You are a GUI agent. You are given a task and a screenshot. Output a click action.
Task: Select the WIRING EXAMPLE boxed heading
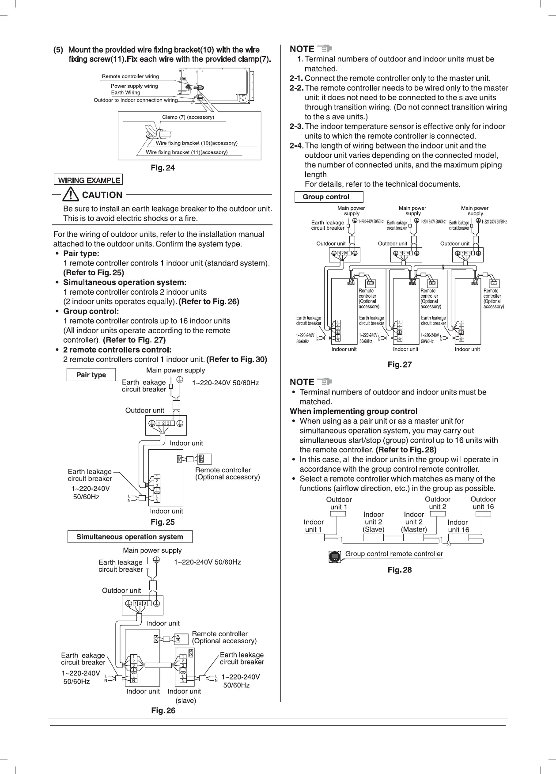coord(88,180)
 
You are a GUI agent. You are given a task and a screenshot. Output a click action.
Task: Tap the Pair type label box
coord(91,375)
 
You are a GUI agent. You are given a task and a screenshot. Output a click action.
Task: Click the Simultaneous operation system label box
coord(130,537)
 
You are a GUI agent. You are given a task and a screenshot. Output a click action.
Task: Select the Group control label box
coord(329,197)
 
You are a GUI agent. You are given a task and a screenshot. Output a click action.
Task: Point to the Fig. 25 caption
coord(163,522)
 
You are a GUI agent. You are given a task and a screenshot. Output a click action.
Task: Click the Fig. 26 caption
coord(163,711)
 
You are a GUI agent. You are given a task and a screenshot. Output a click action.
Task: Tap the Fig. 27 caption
coord(399,365)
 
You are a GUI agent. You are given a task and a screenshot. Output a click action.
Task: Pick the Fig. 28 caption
coord(399,570)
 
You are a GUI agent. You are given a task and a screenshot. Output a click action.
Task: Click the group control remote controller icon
coord(335,557)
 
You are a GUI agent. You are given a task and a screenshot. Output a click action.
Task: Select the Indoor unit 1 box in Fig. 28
coord(314,538)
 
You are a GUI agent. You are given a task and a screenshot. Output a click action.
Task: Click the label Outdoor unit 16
coord(483,503)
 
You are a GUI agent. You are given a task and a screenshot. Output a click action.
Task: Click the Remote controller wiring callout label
coord(130,76)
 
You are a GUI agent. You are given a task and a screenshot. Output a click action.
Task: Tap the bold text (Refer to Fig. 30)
coord(237,359)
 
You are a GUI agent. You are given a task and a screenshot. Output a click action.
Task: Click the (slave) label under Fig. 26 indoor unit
coord(185,700)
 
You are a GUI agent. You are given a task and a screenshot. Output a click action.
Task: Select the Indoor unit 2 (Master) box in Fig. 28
coord(414,538)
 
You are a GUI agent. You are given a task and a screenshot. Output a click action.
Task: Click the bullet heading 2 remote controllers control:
coord(117,350)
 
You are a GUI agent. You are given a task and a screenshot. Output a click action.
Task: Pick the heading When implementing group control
coord(353,411)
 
